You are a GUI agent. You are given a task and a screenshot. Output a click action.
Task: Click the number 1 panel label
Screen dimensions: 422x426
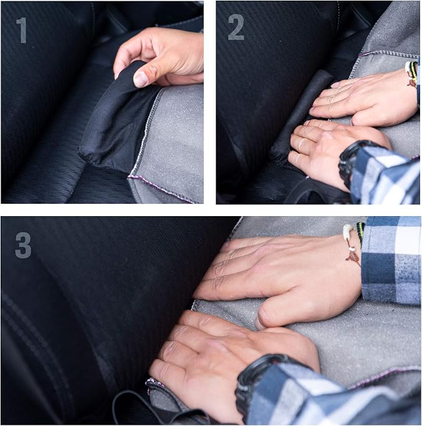(22, 30)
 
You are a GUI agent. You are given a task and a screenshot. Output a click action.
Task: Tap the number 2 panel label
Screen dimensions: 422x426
(236, 27)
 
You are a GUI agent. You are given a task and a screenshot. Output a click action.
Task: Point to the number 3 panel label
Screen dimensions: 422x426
(23, 245)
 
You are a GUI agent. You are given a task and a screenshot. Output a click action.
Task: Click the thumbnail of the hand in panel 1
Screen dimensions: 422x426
(141, 79)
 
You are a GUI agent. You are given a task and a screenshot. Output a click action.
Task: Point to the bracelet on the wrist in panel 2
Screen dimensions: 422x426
(411, 73)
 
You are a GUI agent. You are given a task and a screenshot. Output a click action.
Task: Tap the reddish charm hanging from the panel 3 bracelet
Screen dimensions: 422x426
(353, 256)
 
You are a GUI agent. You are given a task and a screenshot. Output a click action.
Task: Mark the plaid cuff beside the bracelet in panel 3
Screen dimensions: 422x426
(392, 261)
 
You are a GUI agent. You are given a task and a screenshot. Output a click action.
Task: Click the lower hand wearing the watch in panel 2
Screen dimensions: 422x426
(326, 147)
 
